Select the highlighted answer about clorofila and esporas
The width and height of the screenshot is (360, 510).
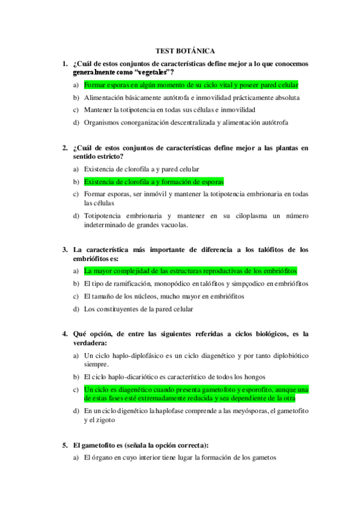tap(153, 181)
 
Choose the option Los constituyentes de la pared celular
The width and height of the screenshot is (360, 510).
tap(138, 309)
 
